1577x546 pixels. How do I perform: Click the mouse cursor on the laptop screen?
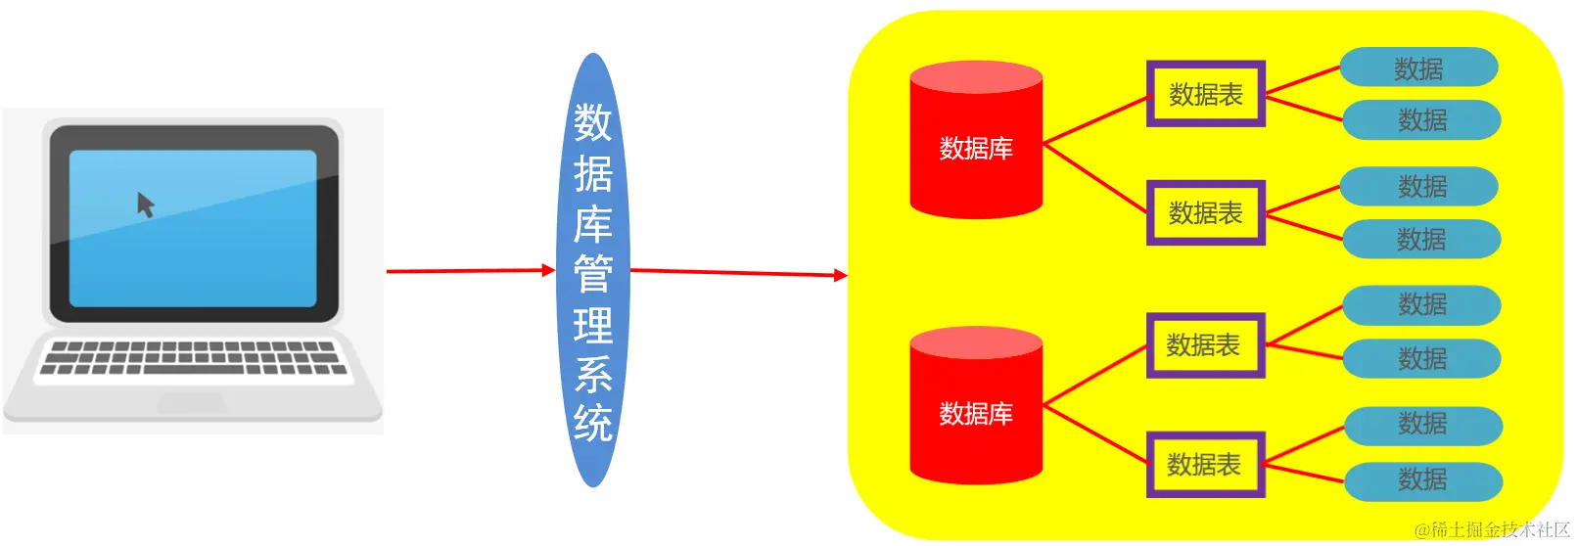(x=146, y=205)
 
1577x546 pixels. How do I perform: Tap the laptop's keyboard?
(x=193, y=358)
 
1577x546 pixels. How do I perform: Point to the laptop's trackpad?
(x=192, y=401)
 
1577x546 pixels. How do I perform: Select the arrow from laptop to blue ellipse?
(x=470, y=271)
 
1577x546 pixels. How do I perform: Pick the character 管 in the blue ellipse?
(x=593, y=274)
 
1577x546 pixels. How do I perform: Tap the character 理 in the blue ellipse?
(x=593, y=325)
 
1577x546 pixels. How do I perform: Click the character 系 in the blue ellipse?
(x=593, y=375)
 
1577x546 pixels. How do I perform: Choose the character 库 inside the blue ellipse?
(x=593, y=224)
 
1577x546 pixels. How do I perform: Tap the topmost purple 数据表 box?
(x=1206, y=94)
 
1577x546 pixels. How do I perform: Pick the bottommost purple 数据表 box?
(x=1205, y=465)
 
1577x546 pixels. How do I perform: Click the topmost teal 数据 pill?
(x=1418, y=68)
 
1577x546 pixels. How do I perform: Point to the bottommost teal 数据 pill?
(x=1422, y=480)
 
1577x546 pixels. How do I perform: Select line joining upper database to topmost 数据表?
(x=1095, y=119)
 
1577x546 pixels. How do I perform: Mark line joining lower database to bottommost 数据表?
(x=1095, y=434)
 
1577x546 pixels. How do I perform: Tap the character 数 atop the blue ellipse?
(x=593, y=123)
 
